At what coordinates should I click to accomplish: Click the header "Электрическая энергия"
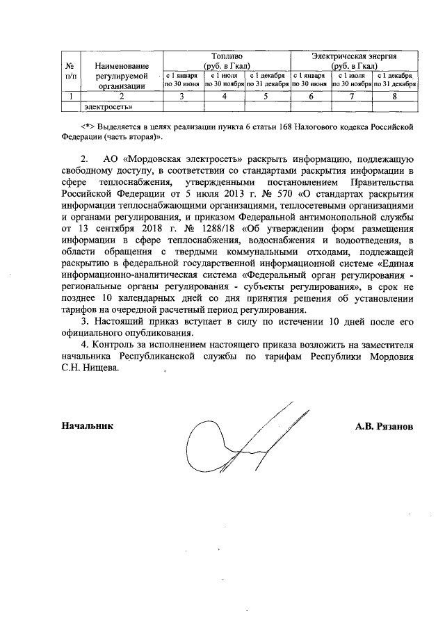pos(355,55)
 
